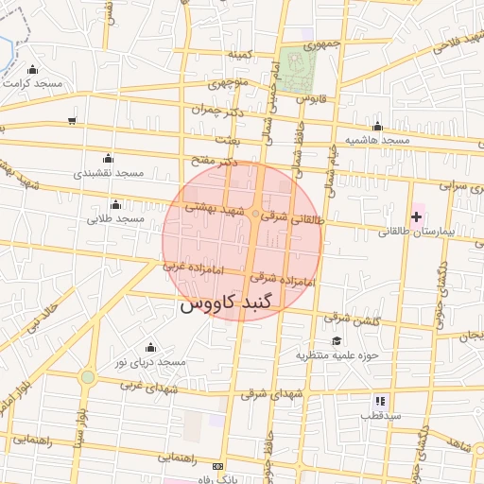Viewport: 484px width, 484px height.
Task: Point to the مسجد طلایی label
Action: coord(115,218)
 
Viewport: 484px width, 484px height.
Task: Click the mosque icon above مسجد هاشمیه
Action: coord(378,126)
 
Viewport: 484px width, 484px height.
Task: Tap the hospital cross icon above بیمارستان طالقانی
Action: coord(416,216)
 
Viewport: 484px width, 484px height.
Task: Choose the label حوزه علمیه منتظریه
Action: coord(337,355)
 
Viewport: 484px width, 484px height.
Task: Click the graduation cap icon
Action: coord(337,341)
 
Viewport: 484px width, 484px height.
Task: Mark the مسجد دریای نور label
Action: coord(149,362)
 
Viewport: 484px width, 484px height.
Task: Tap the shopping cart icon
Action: coord(72,120)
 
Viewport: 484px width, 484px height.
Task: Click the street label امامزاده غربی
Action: coord(193,268)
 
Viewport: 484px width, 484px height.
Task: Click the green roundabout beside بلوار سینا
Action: coord(88,377)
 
